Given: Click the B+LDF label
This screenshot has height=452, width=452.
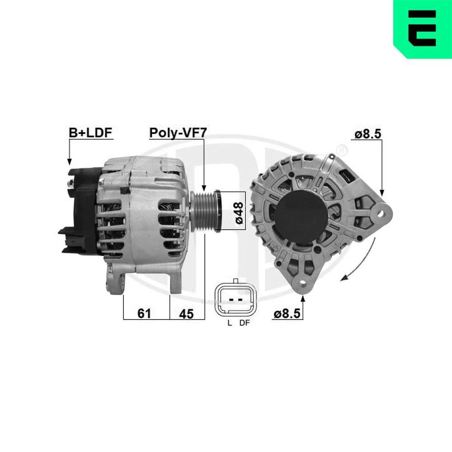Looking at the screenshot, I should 90,132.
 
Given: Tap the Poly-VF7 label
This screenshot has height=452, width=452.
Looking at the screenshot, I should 178,132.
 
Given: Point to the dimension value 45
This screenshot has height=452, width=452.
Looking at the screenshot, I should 186,313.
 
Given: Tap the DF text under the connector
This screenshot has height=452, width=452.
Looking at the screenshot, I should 244,323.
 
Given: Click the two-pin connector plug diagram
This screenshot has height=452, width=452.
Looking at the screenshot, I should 236,300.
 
